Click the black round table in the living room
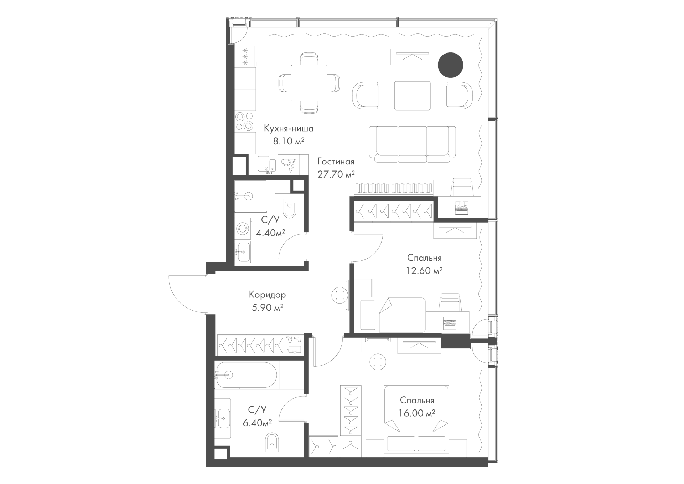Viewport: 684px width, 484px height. pyautogui.click(x=450, y=65)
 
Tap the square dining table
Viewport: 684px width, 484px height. pyautogui.click(x=309, y=83)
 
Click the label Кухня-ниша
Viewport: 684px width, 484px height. pyautogui.click(x=289, y=128)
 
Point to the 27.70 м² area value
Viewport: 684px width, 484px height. pyautogui.click(x=336, y=174)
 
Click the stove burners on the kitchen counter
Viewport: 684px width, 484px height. pyautogui.click(x=244, y=121)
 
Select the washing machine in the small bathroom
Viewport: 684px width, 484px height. pyautogui.click(x=243, y=228)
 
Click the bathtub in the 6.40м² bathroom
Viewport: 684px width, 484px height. pyautogui.click(x=246, y=375)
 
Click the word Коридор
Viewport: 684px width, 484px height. pyautogui.click(x=267, y=295)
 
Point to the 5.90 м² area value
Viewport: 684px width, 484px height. pyautogui.click(x=268, y=307)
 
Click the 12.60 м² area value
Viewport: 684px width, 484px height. pyautogui.click(x=424, y=271)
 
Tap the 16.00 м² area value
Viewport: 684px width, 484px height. pyautogui.click(x=417, y=413)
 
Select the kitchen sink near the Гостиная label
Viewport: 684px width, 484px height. pyautogui.click(x=267, y=166)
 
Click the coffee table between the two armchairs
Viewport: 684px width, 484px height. pyautogui.click(x=413, y=96)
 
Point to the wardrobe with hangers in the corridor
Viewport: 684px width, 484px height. pyautogui.click(x=260, y=345)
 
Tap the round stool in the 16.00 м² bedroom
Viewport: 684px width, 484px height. pyautogui.click(x=378, y=362)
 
